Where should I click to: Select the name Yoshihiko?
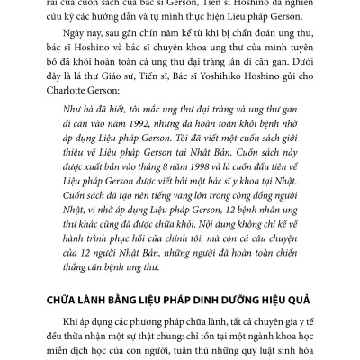(x=248, y=90)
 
